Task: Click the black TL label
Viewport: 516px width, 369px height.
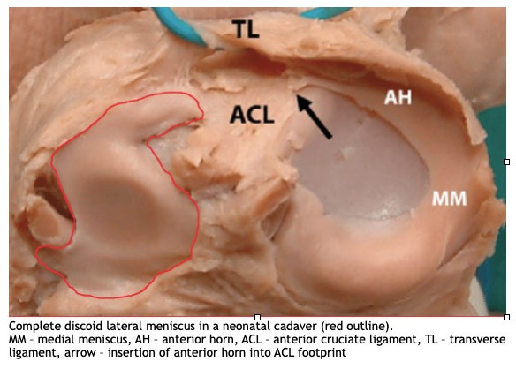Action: tap(246, 29)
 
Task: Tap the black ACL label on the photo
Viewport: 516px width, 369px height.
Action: tap(252, 115)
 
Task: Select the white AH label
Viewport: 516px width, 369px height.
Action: tap(398, 97)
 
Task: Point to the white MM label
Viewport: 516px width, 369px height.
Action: tap(449, 199)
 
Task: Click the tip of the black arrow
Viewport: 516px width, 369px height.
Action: tap(298, 96)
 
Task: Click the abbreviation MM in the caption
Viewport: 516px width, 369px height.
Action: tap(17, 339)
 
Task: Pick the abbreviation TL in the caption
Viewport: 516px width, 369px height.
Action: tap(431, 339)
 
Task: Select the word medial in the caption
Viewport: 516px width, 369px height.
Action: tap(53, 339)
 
